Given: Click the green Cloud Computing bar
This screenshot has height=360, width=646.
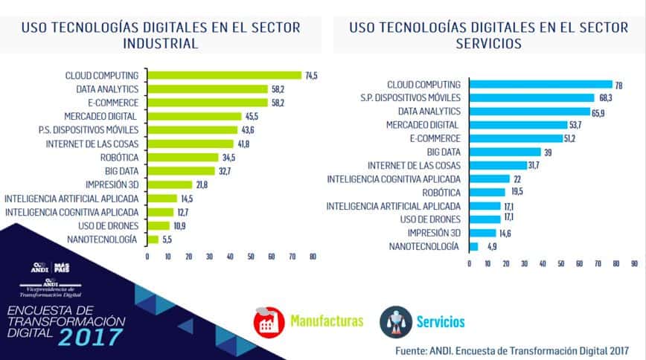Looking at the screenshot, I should click(x=224, y=75).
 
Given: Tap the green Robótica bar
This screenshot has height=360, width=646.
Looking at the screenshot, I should click(x=182, y=157).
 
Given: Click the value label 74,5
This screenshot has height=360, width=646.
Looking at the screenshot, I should click(x=311, y=75).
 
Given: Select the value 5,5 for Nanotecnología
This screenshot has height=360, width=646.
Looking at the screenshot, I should click(x=168, y=240).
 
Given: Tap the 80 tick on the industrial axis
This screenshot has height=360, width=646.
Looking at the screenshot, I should click(x=313, y=257).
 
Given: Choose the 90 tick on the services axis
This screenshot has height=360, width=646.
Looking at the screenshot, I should click(x=634, y=263).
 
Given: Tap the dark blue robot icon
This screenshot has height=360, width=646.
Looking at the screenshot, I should click(x=395, y=321).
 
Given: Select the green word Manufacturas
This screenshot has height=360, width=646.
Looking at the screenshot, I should click(x=327, y=321).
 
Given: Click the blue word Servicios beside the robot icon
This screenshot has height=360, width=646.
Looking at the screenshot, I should click(x=441, y=322).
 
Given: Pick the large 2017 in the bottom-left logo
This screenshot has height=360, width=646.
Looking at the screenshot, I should click(x=90, y=337).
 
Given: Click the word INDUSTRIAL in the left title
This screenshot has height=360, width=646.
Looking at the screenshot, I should click(x=161, y=43).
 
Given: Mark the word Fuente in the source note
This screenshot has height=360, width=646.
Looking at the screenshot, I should click(x=412, y=348).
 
